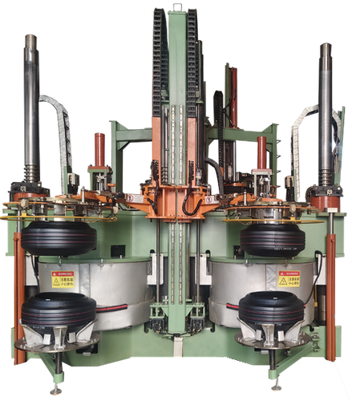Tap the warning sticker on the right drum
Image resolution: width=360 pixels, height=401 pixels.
288,278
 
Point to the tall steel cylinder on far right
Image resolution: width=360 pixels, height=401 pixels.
325,112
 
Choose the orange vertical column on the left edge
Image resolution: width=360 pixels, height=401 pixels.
19,297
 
